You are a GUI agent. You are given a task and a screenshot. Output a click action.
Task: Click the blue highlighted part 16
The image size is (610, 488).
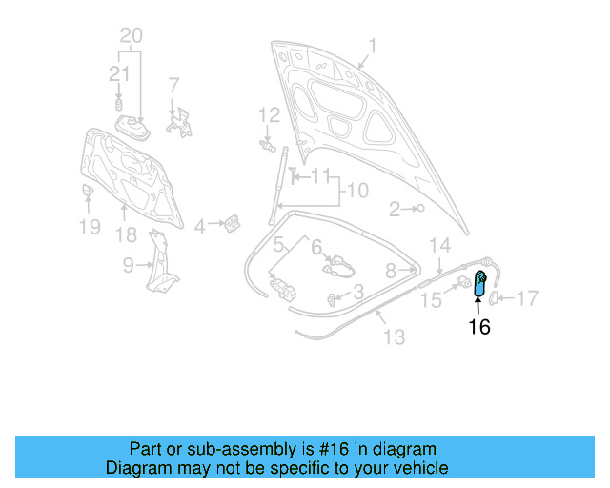480,284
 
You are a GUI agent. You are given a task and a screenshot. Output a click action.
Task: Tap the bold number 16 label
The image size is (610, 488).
478,327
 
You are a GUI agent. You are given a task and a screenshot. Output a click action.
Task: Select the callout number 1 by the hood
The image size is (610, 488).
373,45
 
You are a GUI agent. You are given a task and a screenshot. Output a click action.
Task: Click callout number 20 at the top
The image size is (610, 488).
131,36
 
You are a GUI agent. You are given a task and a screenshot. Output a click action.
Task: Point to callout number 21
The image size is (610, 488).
119,72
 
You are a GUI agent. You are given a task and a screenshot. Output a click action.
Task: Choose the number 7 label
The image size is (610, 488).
173,85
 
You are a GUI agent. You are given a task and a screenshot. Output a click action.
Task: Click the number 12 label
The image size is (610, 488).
269,115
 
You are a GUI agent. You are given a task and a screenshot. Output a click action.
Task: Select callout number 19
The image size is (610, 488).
89,227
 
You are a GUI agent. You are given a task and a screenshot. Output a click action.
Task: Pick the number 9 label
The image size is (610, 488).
128,267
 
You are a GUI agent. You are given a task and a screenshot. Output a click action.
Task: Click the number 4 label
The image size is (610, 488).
199,227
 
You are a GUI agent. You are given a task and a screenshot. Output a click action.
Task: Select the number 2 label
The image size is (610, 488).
393,208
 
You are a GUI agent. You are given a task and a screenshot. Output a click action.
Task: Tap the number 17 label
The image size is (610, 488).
526,298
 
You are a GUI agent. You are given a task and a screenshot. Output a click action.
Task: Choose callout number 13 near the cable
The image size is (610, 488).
394,336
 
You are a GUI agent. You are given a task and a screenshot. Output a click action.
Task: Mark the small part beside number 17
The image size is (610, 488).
495,298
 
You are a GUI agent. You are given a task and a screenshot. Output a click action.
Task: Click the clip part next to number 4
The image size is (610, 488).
231,224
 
